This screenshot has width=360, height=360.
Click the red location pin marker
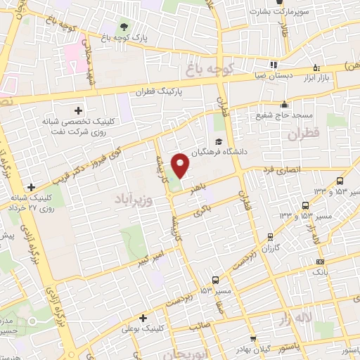pos(181,166)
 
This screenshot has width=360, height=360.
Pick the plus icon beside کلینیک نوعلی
pos(143,318)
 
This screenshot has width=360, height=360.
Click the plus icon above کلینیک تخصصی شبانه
pos(78,110)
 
